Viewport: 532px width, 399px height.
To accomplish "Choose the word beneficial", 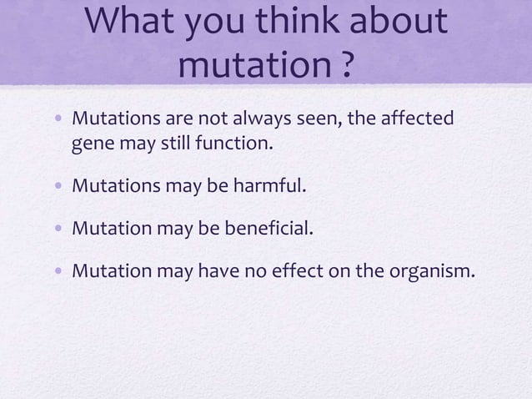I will pos(267,225).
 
